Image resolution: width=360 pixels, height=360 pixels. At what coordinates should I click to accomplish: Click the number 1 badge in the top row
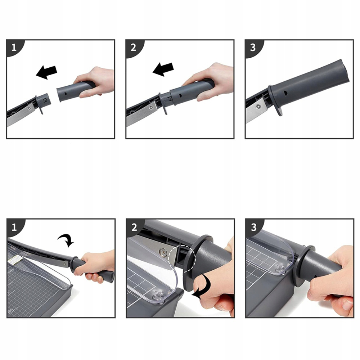pos(14,48)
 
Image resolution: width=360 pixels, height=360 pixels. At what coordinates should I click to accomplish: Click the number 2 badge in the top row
pos(134,48)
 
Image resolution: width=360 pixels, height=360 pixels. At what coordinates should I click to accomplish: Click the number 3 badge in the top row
pos(253,48)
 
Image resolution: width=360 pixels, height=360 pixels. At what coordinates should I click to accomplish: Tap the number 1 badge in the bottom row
pos(14,227)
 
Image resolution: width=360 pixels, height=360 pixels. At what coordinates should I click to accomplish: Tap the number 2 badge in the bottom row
pos(134,227)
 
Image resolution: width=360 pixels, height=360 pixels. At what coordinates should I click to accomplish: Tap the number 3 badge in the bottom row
pos(253,227)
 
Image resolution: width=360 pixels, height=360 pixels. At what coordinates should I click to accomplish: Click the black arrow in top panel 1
pos(46,72)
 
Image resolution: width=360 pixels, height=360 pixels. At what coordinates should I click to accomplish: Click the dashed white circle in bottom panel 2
pos(182,258)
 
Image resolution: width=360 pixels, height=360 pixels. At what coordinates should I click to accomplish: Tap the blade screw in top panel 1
pos(29,107)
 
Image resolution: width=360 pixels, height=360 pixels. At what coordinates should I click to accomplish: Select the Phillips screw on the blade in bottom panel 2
pos(164,252)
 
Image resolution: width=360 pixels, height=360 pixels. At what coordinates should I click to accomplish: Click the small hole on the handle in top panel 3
pos(286,93)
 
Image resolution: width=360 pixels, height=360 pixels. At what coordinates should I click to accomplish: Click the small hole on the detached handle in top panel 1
pos(66,94)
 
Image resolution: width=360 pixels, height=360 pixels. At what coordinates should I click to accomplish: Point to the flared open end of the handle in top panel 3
pos(343,70)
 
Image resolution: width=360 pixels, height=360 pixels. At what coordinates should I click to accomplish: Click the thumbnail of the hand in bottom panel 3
pos(347,305)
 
